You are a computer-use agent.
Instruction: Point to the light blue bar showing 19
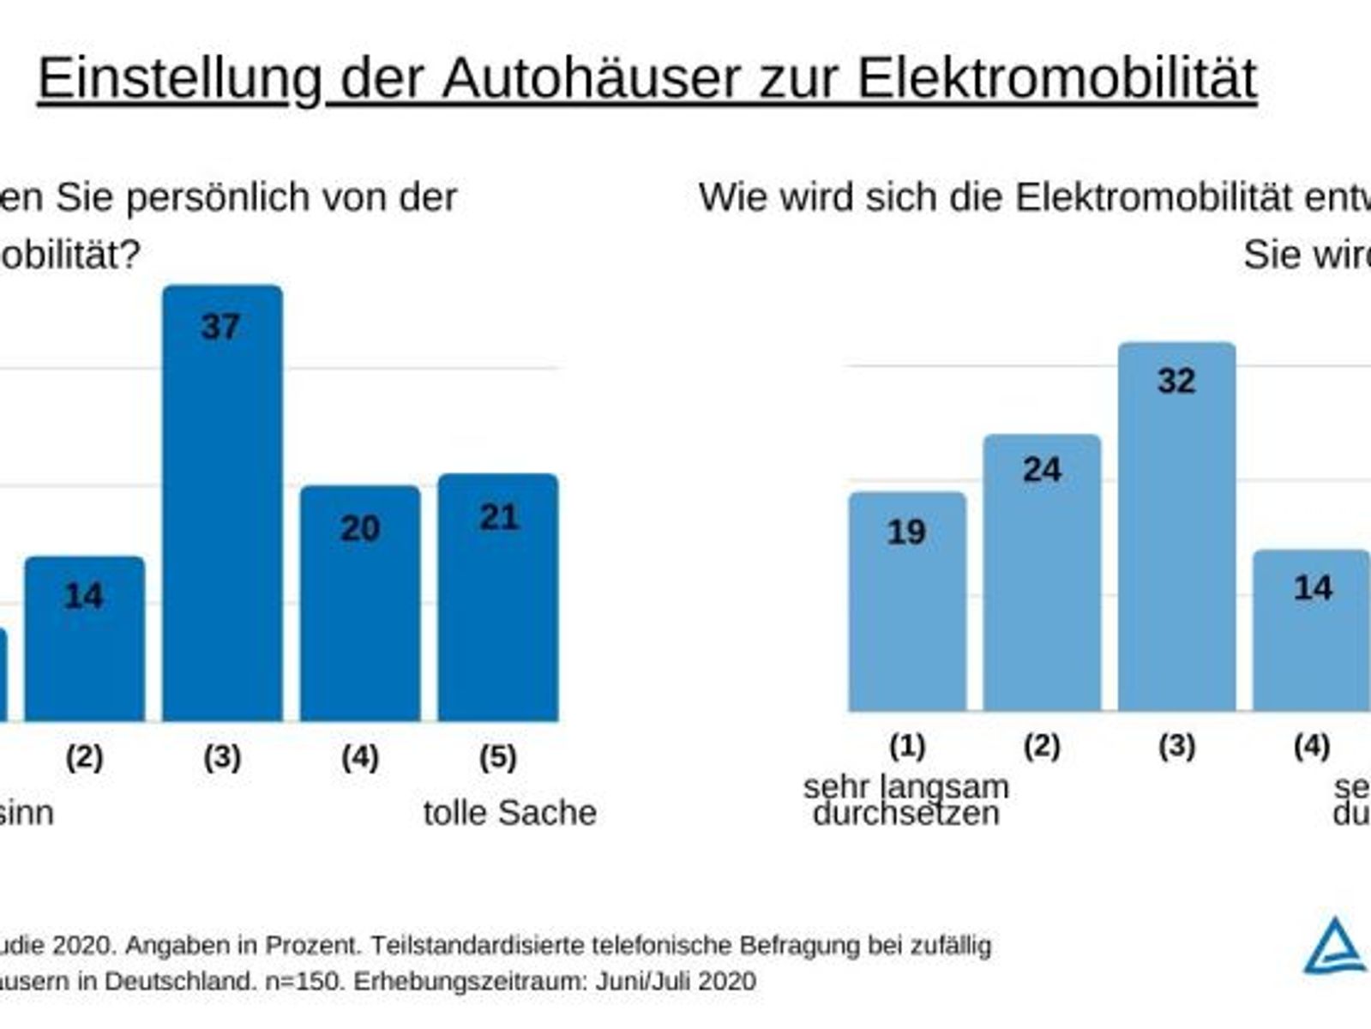click(x=907, y=601)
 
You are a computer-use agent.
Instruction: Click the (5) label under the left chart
click(x=497, y=757)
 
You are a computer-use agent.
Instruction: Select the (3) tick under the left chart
click(x=222, y=757)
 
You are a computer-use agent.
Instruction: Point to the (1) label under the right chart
click(x=907, y=746)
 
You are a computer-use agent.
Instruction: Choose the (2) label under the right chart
click(x=1042, y=746)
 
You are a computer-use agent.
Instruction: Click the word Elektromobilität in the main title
click(x=1055, y=79)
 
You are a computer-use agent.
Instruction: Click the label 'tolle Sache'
click(x=509, y=812)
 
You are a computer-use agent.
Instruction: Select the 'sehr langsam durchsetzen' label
click(x=906, y=799)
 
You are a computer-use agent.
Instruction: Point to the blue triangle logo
click(x=1334, y=947)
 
